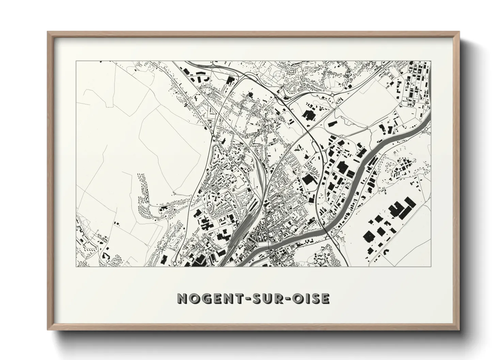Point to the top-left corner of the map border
tap(76, 61)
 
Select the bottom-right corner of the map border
tap(431, 266)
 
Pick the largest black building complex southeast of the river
tap(403, 210)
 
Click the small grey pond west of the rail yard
tap(235, 185)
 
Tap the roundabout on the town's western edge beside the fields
tap(213, 135)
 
